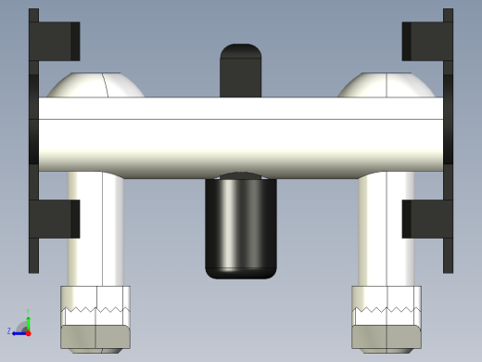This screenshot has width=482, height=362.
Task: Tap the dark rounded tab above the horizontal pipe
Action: (241, 70)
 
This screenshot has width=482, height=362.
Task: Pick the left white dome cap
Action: (95, 85)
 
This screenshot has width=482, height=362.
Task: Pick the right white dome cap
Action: (386, 85)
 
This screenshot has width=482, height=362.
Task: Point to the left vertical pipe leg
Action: (95, 232)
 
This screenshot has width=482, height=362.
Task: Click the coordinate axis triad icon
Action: (25, 326)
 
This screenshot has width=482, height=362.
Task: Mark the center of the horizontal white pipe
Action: (241, 137)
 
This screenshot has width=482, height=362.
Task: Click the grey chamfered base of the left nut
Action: (95, 336)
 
